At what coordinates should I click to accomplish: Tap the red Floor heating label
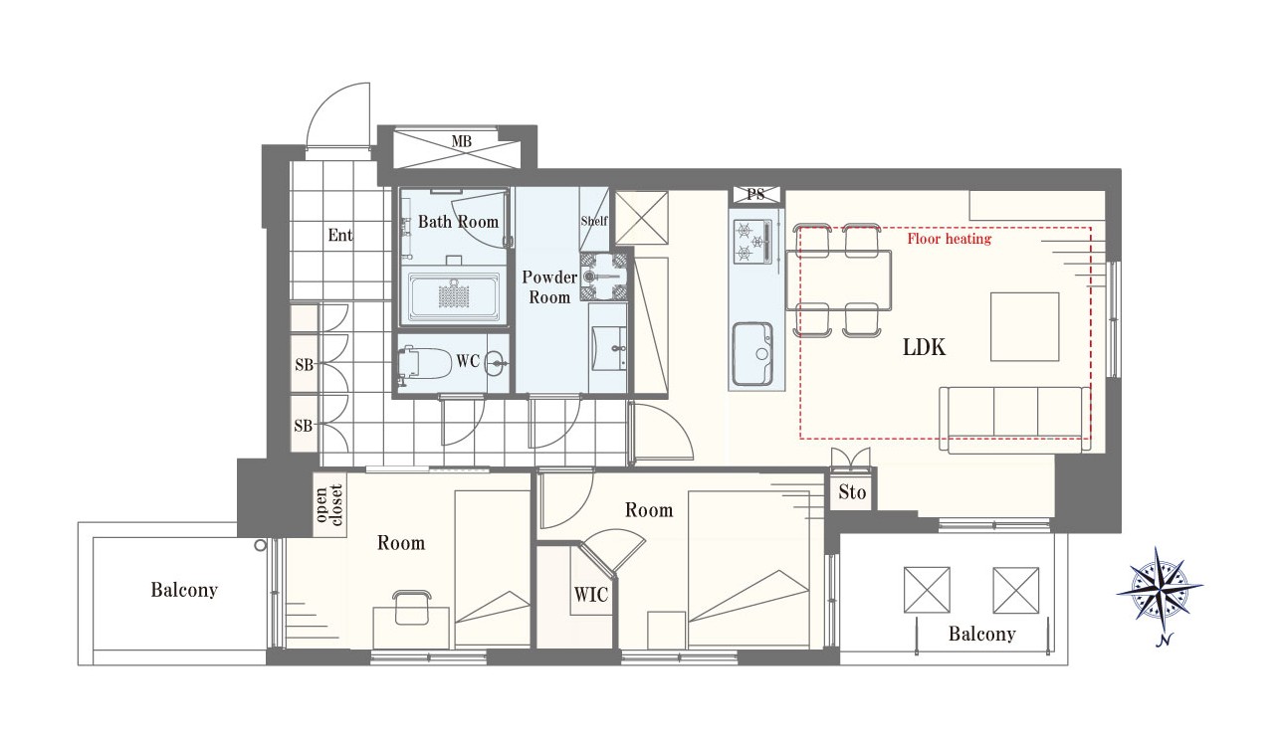tap(950, 238)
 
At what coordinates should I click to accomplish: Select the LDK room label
tap(924, 347)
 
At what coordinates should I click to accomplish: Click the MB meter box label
tap(462, 140)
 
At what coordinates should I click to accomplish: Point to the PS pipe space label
tap(755, 194)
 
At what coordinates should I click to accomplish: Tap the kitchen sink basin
tap(753, 353)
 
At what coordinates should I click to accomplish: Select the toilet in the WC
tap(424, 363)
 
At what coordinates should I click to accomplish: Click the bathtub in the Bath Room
tap(454, 296)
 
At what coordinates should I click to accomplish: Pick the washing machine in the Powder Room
tap(604, 278)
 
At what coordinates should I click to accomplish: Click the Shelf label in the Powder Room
tap(594, 221)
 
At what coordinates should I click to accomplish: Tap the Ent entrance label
tap(340, 235)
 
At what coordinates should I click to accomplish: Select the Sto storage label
tap(852, 491)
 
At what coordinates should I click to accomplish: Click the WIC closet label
tap(591, 595)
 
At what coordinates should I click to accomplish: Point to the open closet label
tap(329, 505)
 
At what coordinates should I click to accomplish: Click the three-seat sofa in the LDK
tap(1014, 420)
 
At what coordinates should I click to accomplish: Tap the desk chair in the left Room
tap(411, 608)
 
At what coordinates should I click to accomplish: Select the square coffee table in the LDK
tap(1024, 326)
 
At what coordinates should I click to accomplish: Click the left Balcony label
tap(184, 590)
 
